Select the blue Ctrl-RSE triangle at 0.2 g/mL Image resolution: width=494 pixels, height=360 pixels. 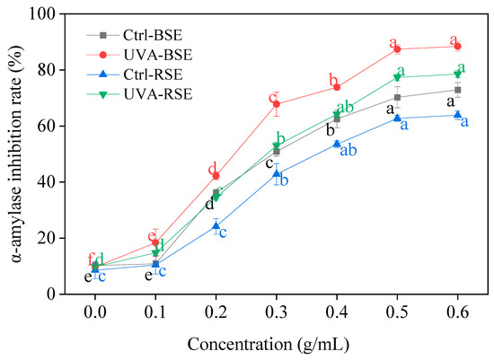216,225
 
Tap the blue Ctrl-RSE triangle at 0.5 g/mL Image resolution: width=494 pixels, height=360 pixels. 397,118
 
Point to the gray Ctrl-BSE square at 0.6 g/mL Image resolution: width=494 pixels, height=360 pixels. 458,90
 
